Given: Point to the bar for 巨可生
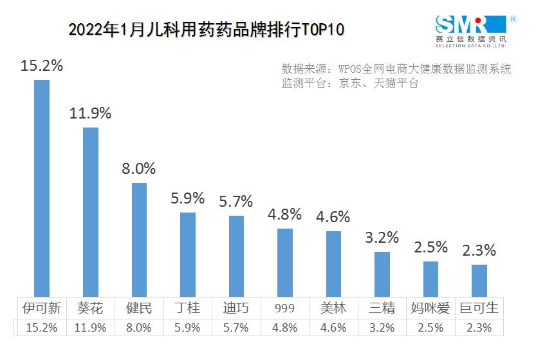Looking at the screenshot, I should (479, 281).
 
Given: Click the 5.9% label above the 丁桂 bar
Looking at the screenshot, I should (187, 198).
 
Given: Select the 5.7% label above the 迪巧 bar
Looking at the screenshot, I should (236, 201).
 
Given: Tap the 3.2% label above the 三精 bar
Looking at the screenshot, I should (382, 237).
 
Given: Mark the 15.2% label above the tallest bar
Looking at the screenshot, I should (42, 65).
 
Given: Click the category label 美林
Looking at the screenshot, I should (333, 308).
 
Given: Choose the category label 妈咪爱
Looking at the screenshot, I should (430, 308).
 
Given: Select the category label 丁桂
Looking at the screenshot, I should (187, 308).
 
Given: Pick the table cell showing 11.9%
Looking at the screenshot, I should (91, 327).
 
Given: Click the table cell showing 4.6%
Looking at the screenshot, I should (333, 327).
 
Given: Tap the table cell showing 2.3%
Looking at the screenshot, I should (479, 327).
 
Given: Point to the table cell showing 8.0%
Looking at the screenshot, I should (139, 327).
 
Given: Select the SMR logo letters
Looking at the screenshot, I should (462, 25).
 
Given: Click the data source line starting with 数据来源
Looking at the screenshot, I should (396, 69).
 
